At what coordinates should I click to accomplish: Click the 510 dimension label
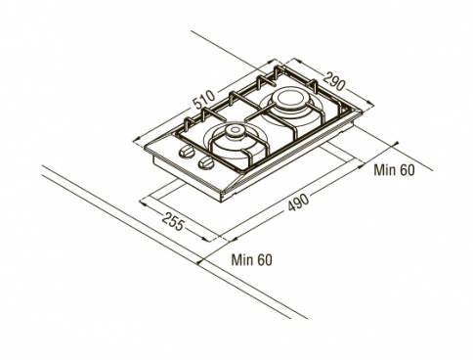(x=204, y=100)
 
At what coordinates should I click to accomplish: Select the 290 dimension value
(x=334, y=80)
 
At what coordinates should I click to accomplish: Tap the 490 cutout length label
(x=298, y=202)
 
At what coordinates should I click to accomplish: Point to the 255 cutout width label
(x=173, y=221)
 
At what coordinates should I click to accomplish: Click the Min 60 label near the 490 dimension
(x=394, y=170)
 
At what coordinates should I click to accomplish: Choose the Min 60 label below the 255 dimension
(x=251, y=260)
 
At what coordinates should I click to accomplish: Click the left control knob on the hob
(x=186, y=152)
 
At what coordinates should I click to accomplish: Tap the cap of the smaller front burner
(x=236, y=131)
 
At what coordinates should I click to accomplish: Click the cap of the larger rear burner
(x=288, y=98)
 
